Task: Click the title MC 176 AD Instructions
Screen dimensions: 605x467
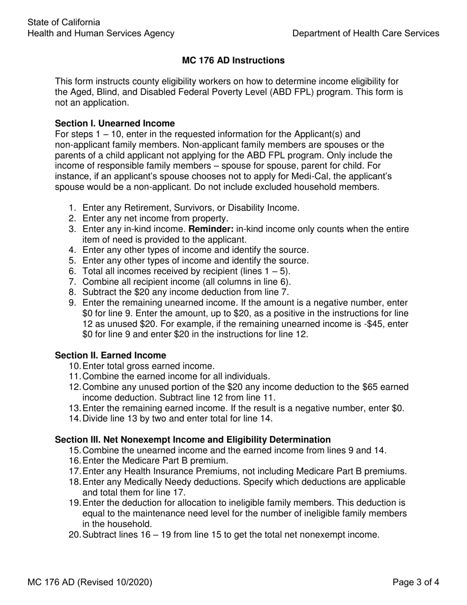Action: click(x=233, y=60)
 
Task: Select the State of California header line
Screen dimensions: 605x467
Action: click(x=64, y=23)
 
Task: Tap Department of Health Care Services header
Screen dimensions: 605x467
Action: click(x=366, y=33)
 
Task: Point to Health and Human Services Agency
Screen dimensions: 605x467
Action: click(x=101, y=33)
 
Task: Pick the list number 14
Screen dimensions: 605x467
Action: click(x=74, y=419)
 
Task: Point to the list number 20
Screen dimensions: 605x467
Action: click(x=74, y=535)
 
